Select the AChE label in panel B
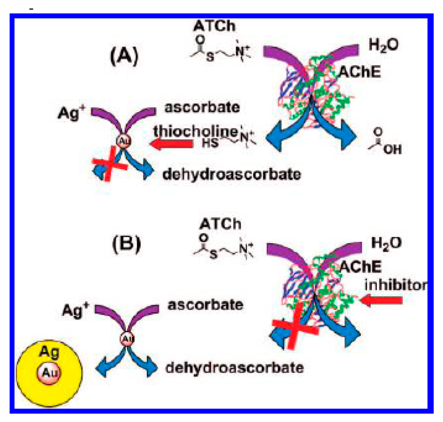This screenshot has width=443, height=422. [x=373, y=268]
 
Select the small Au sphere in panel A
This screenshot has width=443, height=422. [x=123, y=141]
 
